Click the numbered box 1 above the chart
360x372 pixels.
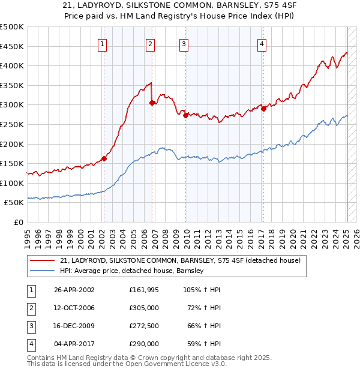click(x=103, y=43)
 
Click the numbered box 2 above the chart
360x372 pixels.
click(x=150, y=43)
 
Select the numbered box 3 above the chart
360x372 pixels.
click(x=184, y=43)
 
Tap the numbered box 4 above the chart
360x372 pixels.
click(x=262, y=43)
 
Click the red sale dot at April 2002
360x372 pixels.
click(x=104, y=158)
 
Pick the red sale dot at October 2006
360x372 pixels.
click(x=152, y=103)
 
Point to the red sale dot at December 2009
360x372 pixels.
click(x=185, y=115)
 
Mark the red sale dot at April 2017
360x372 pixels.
click(x=263, y=109)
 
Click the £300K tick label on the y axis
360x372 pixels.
click(x=12, y=105)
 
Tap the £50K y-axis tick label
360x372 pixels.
click(x=14, y=203)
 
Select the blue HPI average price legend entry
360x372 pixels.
click(x=132, y=271)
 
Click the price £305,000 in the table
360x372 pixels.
click(x=144, y=308)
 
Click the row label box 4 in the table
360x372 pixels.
click(x=31, y=344)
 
